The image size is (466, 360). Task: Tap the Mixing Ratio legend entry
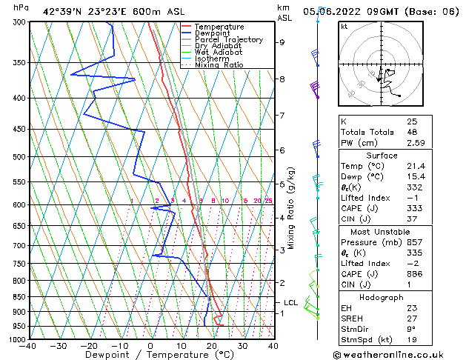[x=219, y=65]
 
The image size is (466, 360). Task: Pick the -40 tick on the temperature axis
[x=28, y=346]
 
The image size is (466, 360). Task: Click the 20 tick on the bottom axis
[x=211, y=346]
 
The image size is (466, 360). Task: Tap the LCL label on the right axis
[x=291, y=302]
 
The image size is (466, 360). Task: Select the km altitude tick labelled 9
[x=282, y=42]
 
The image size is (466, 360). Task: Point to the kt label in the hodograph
[x=344, y=26]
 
